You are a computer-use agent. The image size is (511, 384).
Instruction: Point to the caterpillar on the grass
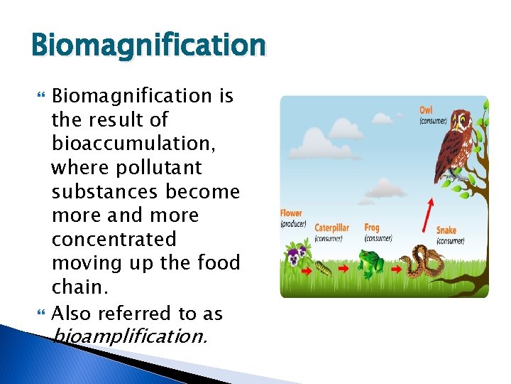coord(324,269)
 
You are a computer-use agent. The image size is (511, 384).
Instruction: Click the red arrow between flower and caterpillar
coord(306,271)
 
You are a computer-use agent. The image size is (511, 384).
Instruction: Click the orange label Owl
coord(426,110)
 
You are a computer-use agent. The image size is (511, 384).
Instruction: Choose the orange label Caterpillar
coord(332,228)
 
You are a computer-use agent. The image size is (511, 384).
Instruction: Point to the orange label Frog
coord(372,228)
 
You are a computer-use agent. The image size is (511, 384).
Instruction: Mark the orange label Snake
coord(446,230)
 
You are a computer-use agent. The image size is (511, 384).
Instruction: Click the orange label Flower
coord(291,213)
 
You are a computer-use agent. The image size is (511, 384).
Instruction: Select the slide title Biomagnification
coord(148,46)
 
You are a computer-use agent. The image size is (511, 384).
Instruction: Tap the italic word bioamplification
coord(131,335)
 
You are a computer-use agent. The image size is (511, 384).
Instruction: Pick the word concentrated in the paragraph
coord(114,239)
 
